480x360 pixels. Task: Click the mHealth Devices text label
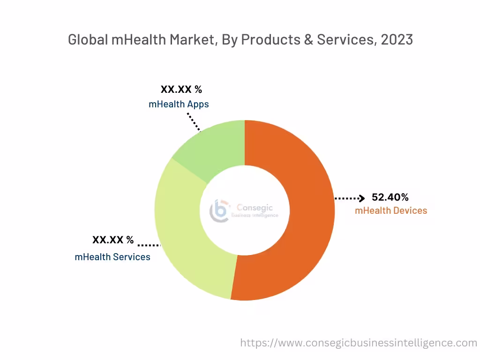tap(391, 210)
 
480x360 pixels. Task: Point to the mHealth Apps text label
tap(179, 104)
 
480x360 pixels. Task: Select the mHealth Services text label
tap(112, 257)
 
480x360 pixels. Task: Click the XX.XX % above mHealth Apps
tap(181, 89)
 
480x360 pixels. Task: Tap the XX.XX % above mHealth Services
tap(113, 240)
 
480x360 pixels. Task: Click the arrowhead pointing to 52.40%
tap(361, 198)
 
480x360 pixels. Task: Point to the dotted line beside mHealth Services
tap(149, 245)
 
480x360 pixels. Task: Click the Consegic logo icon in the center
tap(219, 210)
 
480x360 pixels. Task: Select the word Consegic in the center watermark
tap(255, 207)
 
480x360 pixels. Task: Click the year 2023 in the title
tap(397, 40)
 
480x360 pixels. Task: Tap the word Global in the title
tap(88, 40)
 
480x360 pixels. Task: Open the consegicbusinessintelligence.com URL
tap(359, 343)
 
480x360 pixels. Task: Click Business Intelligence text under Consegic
tap(255, 215)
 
